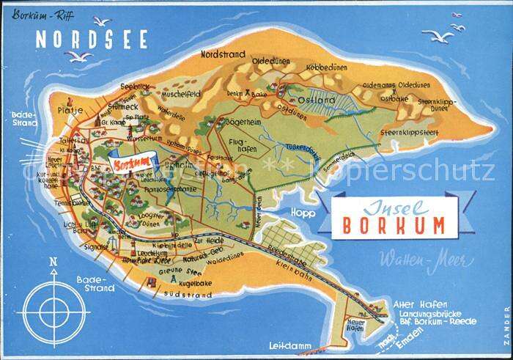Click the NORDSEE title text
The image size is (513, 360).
coord(92,39)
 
